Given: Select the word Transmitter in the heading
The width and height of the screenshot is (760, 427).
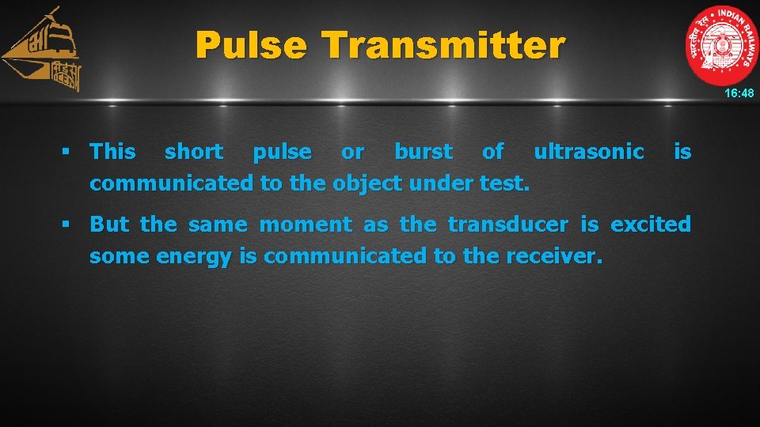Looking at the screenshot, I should point(443,45).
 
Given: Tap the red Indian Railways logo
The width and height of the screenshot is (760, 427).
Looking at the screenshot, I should point(721,45).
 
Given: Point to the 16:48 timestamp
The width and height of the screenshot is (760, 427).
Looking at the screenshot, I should point(740,93).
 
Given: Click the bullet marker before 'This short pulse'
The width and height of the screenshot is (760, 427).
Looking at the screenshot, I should point(68,152).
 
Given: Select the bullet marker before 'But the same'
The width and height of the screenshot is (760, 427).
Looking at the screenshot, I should point(68,225).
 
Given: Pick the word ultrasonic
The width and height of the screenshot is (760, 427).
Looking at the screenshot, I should point(588,152).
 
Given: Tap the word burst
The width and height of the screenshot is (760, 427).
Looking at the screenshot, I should point(424,152).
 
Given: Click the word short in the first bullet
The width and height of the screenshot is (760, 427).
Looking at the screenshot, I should point(193,152).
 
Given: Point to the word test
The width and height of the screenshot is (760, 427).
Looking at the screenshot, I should point(505,183).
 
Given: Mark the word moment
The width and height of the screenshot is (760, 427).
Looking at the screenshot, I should point(306,225).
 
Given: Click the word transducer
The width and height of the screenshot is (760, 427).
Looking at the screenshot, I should point(507,225).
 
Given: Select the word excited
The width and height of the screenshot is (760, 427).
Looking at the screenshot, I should point(651,225).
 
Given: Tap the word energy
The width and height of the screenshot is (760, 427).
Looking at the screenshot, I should point(193,257).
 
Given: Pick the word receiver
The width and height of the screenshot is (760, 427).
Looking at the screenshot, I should point(561,257).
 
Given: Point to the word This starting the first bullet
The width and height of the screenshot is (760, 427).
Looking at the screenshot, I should point(112,152).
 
